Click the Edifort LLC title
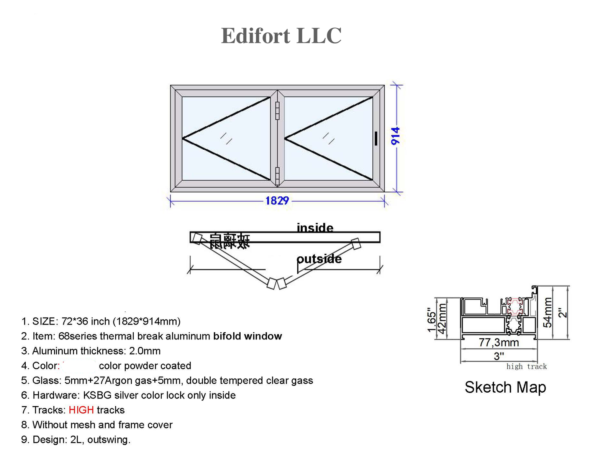[281, 36]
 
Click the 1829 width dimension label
[277, 201]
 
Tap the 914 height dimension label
[395, 136]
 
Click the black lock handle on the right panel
[376, 138]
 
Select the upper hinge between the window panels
[277, 111]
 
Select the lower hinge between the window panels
[277, 176]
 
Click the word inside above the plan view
[315, 228]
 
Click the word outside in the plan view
[319, 259]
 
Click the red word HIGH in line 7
[81, 410]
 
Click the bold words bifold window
[247, 336]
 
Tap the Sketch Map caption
[505, 387]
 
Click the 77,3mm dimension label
[498, 343]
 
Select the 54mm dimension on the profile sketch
[548, 312]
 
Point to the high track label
[526, 367]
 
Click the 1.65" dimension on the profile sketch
[431, 320]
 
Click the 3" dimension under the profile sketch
[498, 356]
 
